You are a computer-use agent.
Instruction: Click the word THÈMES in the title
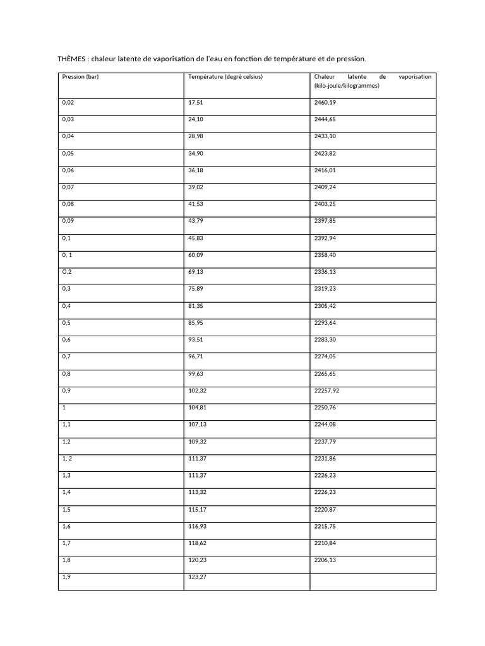[x=72, y=59]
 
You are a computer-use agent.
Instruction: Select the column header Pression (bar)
[x=80, y=77]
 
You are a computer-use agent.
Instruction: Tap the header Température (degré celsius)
[x=225, y=77]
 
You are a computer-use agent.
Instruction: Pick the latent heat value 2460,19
[x=325, y=102]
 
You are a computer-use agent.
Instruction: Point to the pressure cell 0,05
[x=68, y=153]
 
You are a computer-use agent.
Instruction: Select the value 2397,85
[x=325, y=221]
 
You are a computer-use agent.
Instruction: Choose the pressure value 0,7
[x=66, y=356]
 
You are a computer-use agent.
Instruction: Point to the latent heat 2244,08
[x=325, y=425]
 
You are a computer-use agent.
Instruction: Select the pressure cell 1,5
[x=66, y=509]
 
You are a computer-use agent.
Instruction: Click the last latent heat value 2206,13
[x=325, y=560]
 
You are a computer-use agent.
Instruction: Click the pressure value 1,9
[x=66, y=577]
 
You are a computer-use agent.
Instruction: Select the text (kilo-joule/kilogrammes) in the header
[x=347, y=86]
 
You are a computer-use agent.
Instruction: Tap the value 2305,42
[x=325, y=305]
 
